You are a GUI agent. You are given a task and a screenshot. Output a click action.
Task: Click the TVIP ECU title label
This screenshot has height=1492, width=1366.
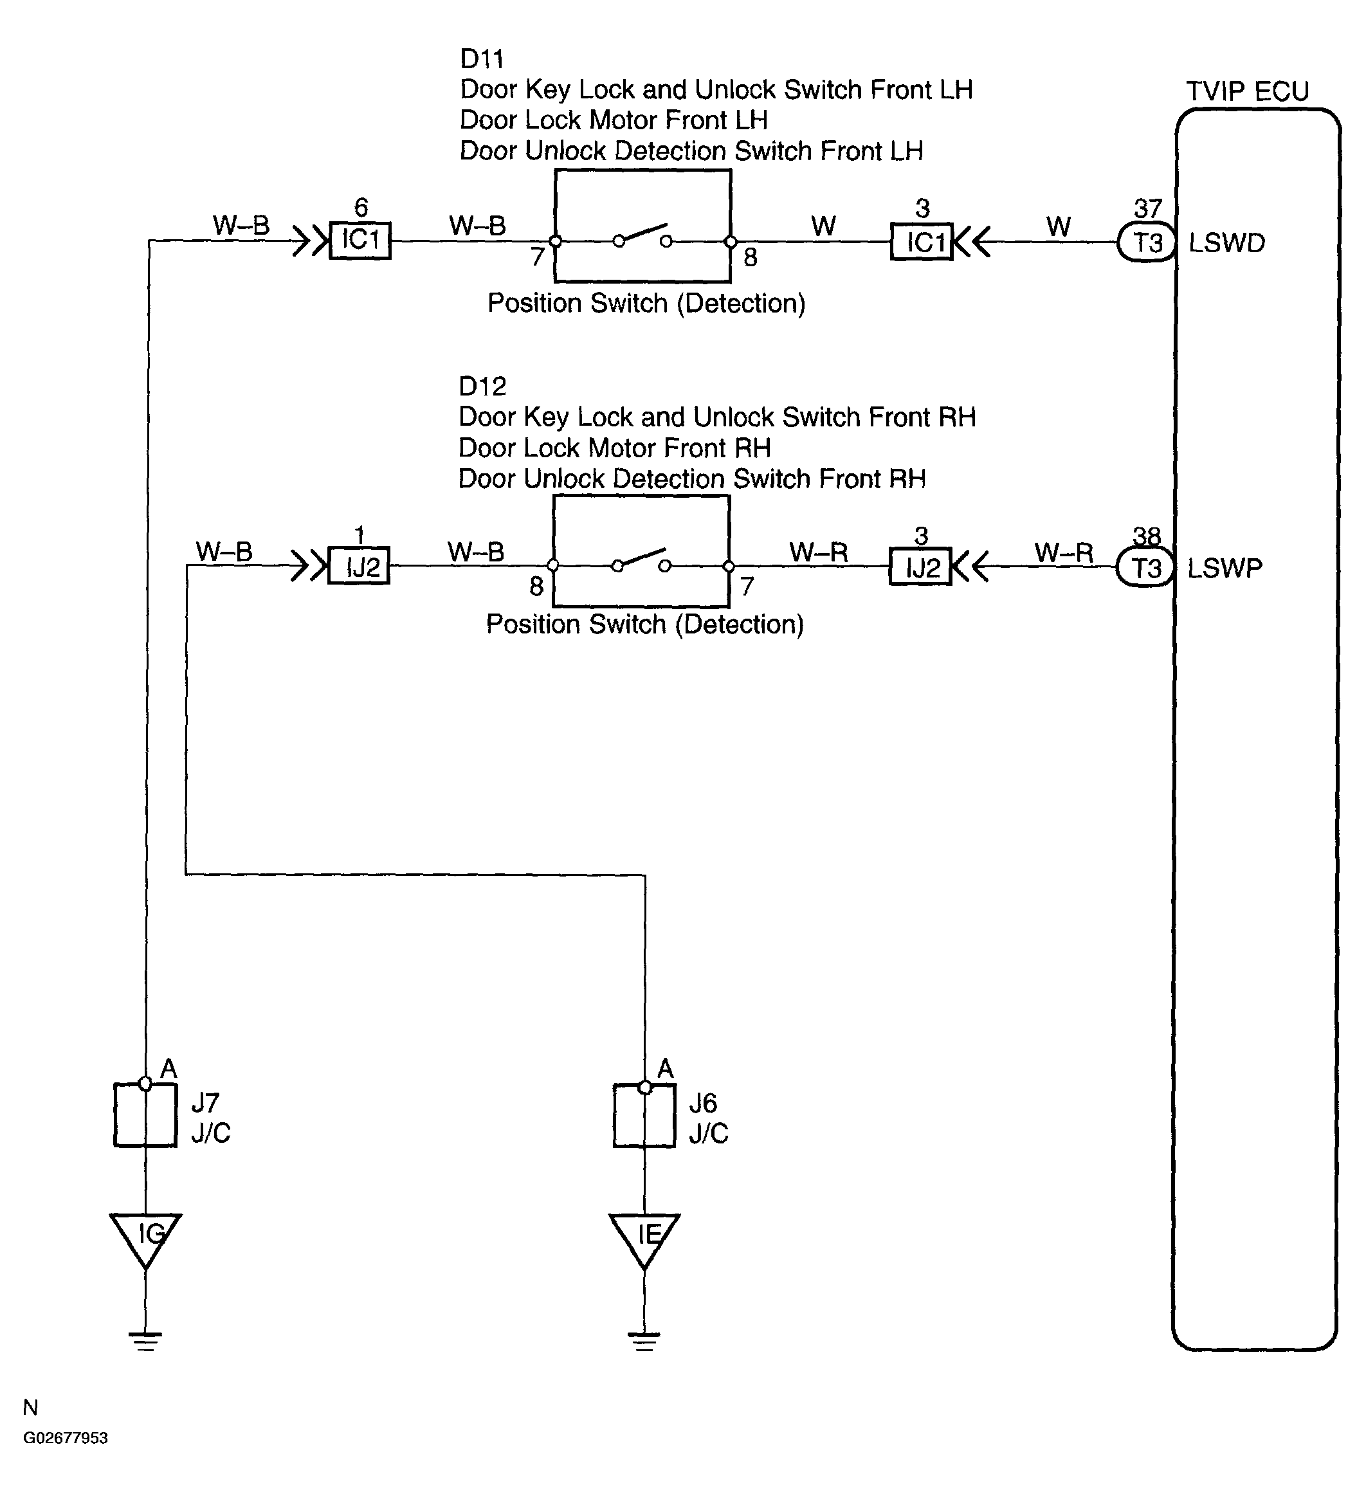[x=1247, y=91]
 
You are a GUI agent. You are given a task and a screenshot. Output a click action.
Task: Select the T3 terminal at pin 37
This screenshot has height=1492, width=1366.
[x=1146, y=242]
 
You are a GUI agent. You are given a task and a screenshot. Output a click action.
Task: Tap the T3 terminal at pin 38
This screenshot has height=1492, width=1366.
[x=1145, y=569]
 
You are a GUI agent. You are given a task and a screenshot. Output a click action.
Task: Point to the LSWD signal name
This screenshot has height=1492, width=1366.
[x=1227, y=242]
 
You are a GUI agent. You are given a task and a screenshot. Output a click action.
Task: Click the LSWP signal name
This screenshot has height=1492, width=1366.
[x=1225, y=569]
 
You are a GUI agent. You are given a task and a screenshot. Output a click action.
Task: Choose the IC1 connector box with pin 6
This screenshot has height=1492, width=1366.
[x=360, y=241]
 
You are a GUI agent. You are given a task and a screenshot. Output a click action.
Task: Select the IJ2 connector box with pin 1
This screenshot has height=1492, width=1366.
[x=359, y=566]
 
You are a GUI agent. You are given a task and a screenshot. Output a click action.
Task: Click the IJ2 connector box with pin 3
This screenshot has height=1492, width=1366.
[x=920, y=568]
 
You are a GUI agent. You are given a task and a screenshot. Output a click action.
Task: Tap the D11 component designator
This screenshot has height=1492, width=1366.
[x=482, y=59]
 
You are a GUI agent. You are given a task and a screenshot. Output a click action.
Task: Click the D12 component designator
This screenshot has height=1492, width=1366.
[x=482, y=387]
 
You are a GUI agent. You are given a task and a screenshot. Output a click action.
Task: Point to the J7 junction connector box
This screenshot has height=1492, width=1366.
[x=145, y=1115]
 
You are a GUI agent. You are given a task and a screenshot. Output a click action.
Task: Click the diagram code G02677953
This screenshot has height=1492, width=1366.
[x=66, y=1438]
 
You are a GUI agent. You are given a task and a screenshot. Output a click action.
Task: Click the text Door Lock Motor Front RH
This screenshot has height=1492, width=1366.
[x=615, y=448]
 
